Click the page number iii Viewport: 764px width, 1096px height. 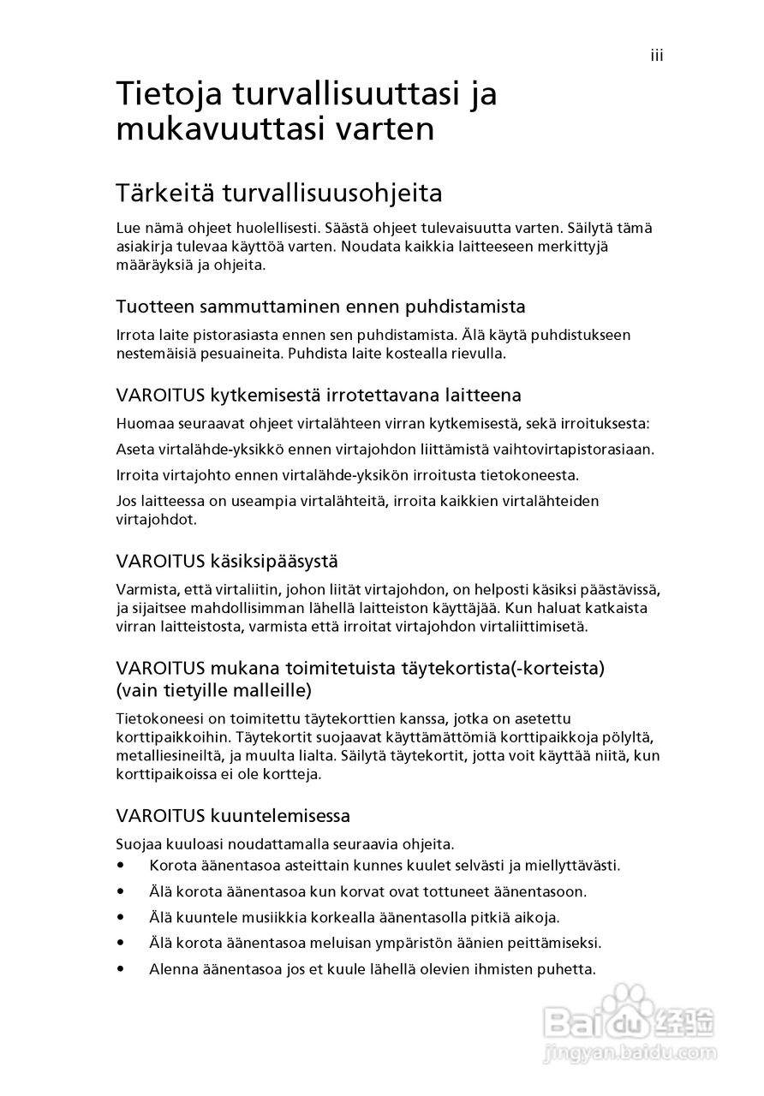tap(657, 57)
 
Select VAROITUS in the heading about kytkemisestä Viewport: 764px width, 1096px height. tap(159, 396)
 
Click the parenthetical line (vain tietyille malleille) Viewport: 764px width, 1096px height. tap(213, 689)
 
